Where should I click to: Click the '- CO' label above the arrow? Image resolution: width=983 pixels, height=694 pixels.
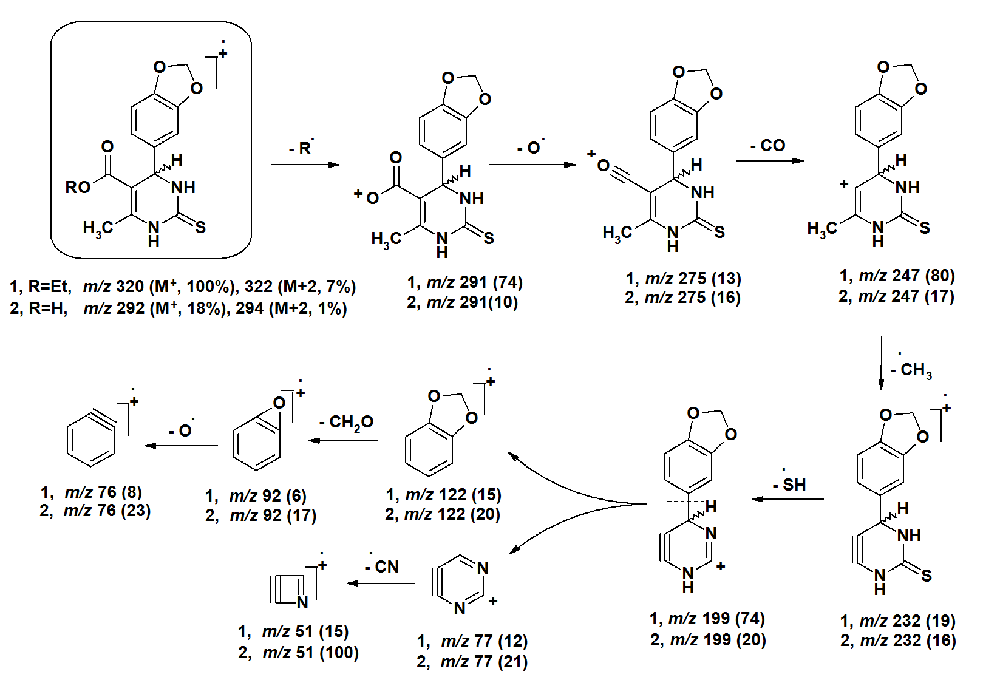(768, 146)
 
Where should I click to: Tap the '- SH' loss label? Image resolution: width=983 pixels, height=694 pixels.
(790, 484)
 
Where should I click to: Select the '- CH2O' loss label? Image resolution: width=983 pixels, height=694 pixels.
(346, 423)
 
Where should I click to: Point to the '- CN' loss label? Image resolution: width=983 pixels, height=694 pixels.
(382, 566)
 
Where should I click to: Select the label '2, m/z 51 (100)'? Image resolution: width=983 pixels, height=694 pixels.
(298, 653)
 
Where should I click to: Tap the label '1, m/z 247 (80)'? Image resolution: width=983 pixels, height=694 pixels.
(897, 276)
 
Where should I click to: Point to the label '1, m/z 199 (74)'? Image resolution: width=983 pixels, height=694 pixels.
(707, 619)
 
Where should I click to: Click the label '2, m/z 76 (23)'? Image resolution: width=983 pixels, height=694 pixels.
(95, 511)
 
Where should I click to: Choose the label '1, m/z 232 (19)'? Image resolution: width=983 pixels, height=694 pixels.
(898, 621)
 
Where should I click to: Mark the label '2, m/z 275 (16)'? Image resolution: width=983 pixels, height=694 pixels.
(682, 298)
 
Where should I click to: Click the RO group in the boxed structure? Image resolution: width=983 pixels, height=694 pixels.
(78, 187)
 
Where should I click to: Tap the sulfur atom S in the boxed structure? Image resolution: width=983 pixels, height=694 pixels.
(200, 227)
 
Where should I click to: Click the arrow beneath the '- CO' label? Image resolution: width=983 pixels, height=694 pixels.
(769, 161)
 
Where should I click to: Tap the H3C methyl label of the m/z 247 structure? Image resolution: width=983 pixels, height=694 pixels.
(822, 229)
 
